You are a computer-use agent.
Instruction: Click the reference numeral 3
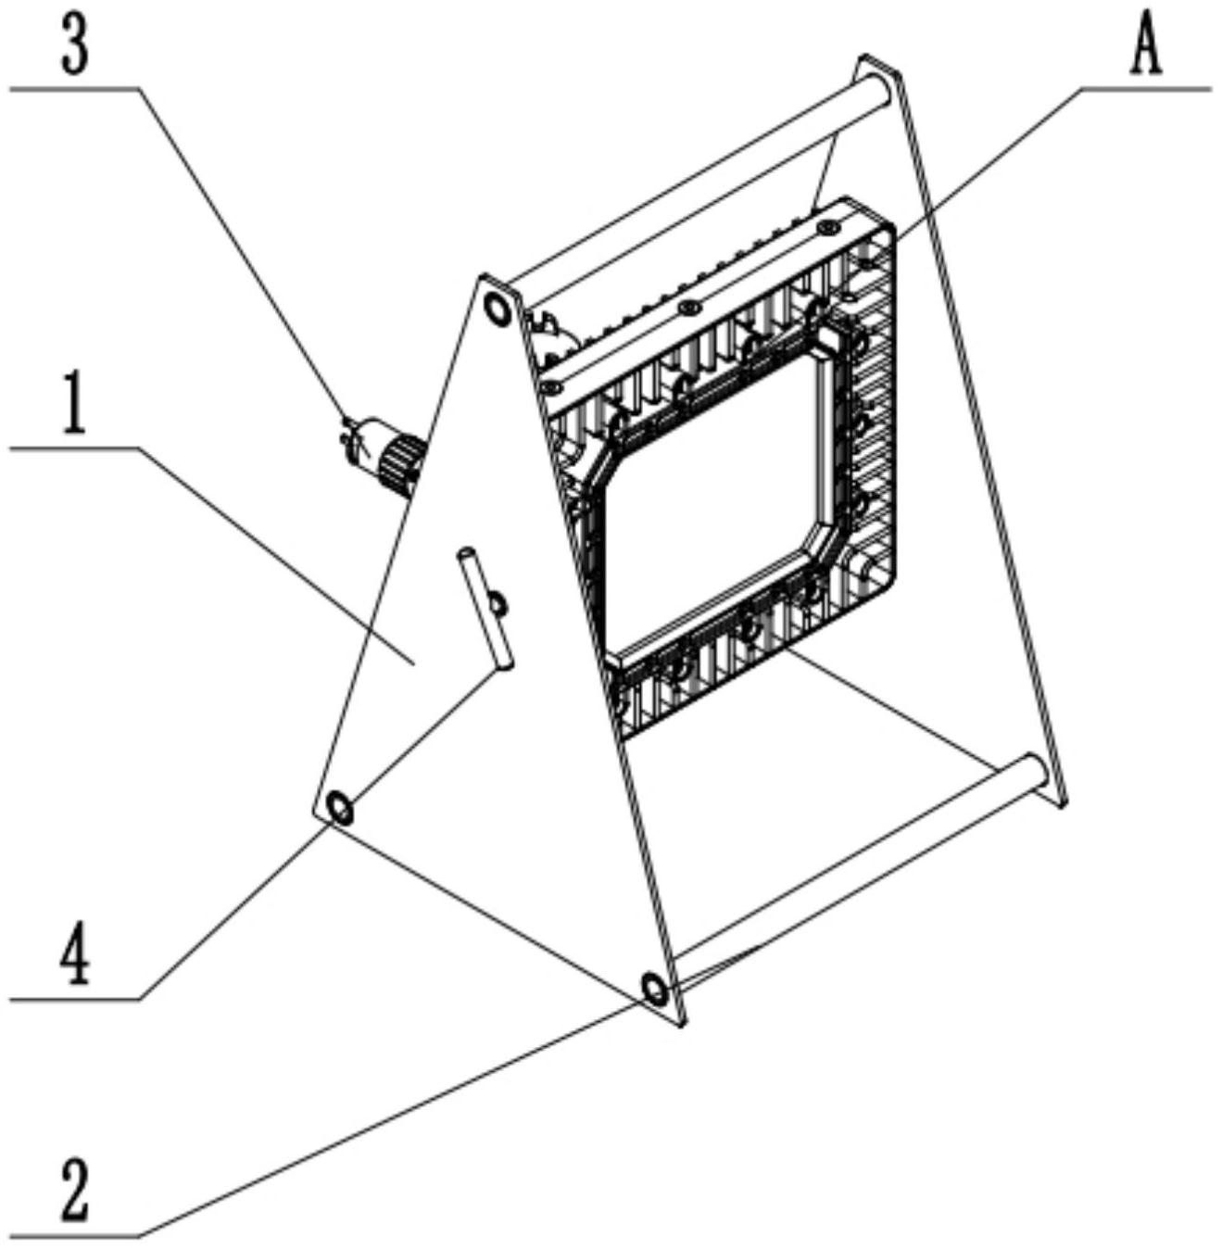coord(75,46)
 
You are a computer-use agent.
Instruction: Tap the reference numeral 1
coord(74,406)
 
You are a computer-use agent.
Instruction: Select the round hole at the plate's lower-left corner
coord(339,810)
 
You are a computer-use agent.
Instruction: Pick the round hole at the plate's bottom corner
coord(653,990)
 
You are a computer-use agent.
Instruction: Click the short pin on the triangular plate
coord(483,608)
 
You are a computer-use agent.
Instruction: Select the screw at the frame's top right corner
coord(825,226)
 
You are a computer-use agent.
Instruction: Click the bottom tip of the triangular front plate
coord(682,1022)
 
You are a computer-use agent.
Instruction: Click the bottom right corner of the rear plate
coord(1065,801)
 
